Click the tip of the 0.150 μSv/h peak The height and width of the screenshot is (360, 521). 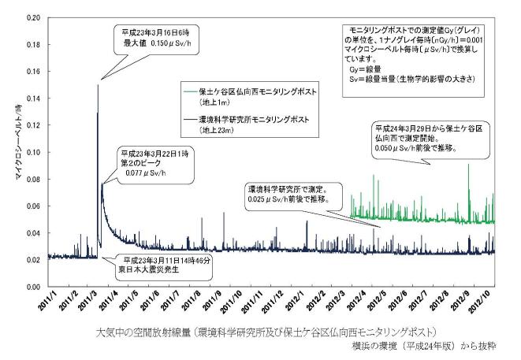(98, 85)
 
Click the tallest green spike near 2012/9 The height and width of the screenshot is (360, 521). (468, 165)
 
